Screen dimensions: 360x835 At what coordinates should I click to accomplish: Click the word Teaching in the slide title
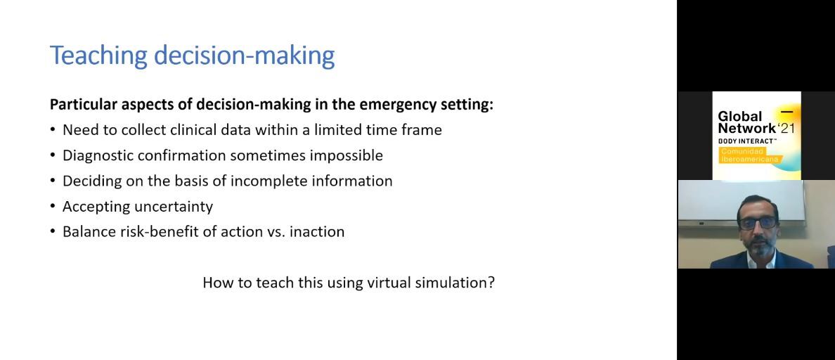point(99,55)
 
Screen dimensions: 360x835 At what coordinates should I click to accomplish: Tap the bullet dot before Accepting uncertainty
point(53,207)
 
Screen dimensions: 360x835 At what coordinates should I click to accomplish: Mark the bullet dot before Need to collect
point(53,130)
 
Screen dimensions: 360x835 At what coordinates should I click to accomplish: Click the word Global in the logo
point(739,117)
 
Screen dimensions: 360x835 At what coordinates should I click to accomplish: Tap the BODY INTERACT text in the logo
point(746,141)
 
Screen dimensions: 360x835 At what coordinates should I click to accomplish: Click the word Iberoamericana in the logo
point(750,159)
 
